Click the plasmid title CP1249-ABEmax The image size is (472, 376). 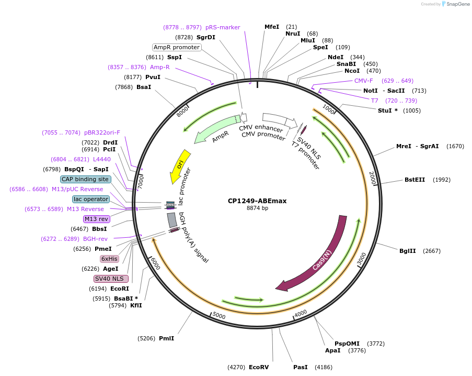[x=257, y=201]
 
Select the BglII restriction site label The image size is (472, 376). [x=407, y=251]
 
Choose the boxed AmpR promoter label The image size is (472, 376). [x=177, y=47]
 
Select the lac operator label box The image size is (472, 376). [x=91, y=199]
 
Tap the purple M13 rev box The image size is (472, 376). [x=96, y=219]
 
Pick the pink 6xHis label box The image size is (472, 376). [x=109, y=259]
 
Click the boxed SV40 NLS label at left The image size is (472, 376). [x=111, y=279]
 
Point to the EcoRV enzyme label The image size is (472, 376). [x=259, y=367]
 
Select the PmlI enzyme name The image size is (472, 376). [x=166, y=338]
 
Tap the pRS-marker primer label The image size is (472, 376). [x=223, y=27]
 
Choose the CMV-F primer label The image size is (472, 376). [x=363, y=81]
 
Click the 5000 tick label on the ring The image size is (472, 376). [x=218, y=316]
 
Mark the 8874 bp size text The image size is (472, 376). [x=257, y=208]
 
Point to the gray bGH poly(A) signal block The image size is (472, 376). [x=172, y=220]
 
